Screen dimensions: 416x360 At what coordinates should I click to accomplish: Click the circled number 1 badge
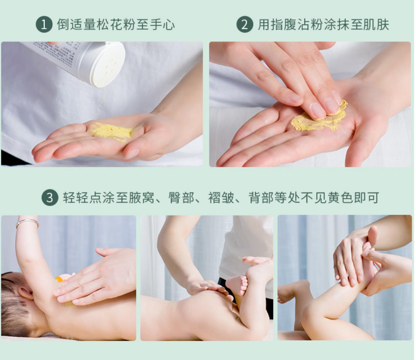click(44, 25)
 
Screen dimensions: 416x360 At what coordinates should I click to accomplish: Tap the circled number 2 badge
click(245, 25)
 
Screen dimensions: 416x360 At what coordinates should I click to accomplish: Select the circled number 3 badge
click(50, 197)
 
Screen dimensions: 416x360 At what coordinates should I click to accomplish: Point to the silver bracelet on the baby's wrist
click(27, 223)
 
